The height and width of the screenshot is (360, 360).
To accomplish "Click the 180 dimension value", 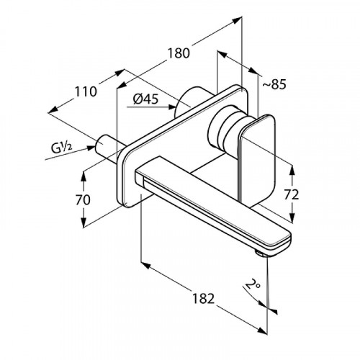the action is pos(179,53).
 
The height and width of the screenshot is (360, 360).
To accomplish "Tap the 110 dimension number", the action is pos(86,91).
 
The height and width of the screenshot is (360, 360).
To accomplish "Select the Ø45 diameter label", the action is pos(145,99).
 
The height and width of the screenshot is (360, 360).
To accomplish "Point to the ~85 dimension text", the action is pos(274,84).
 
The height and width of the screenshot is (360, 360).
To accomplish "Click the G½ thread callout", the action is pos(61,148).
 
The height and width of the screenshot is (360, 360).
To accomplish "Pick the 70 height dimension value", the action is pos(83,199).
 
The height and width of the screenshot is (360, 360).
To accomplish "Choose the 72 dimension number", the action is pos(292,194).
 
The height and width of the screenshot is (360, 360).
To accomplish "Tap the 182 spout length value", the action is pos(203,299).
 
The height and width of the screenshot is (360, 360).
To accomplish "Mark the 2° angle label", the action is pos(253,285).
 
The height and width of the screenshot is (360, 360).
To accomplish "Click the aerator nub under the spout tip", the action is pos(260,253).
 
